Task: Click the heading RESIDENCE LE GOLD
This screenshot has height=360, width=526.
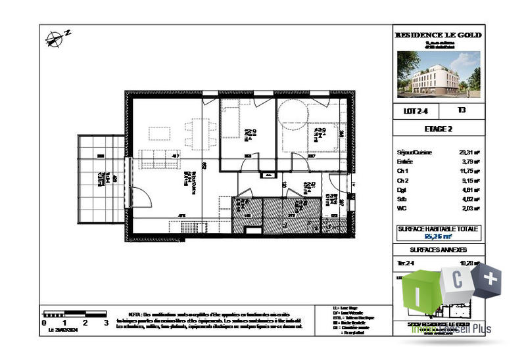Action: [x=438, y=35]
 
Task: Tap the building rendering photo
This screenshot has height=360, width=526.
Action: [x=438, y=73]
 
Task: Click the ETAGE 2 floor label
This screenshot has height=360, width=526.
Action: [x=438, y=129]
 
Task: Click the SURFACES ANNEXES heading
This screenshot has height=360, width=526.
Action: [x=438, y=250]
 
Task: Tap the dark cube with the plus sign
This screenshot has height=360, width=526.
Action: [x=489, y=280]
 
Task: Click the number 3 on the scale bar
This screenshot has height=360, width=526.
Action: [x=106, y=323]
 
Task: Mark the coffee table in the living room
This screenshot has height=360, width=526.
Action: [x=160, y=132]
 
